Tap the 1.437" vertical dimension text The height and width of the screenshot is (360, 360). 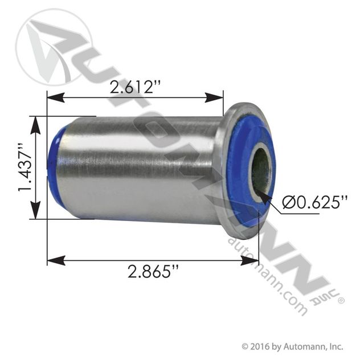click(24, 168)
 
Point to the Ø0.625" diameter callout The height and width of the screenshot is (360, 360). click(315, 202)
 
